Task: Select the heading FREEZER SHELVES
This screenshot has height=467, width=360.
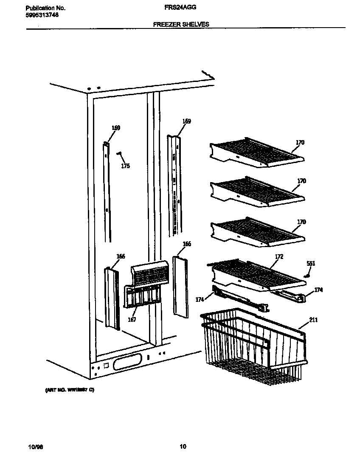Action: coord(181,25)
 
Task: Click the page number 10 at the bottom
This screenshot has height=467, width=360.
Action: coord(183,446)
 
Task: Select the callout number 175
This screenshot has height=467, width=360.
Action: coord(125,166)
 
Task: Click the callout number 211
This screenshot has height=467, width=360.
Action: coord(313,320)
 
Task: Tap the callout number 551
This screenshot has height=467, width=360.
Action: coord(311,264)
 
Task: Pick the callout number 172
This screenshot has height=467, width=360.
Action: coord(279,257)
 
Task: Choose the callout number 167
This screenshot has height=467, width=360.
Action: coord(132,320)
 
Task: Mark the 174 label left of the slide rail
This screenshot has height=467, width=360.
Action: coord(199,299)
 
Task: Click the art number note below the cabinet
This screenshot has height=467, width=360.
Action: coord(69,389)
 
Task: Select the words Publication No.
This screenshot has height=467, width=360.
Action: coord(46,8)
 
